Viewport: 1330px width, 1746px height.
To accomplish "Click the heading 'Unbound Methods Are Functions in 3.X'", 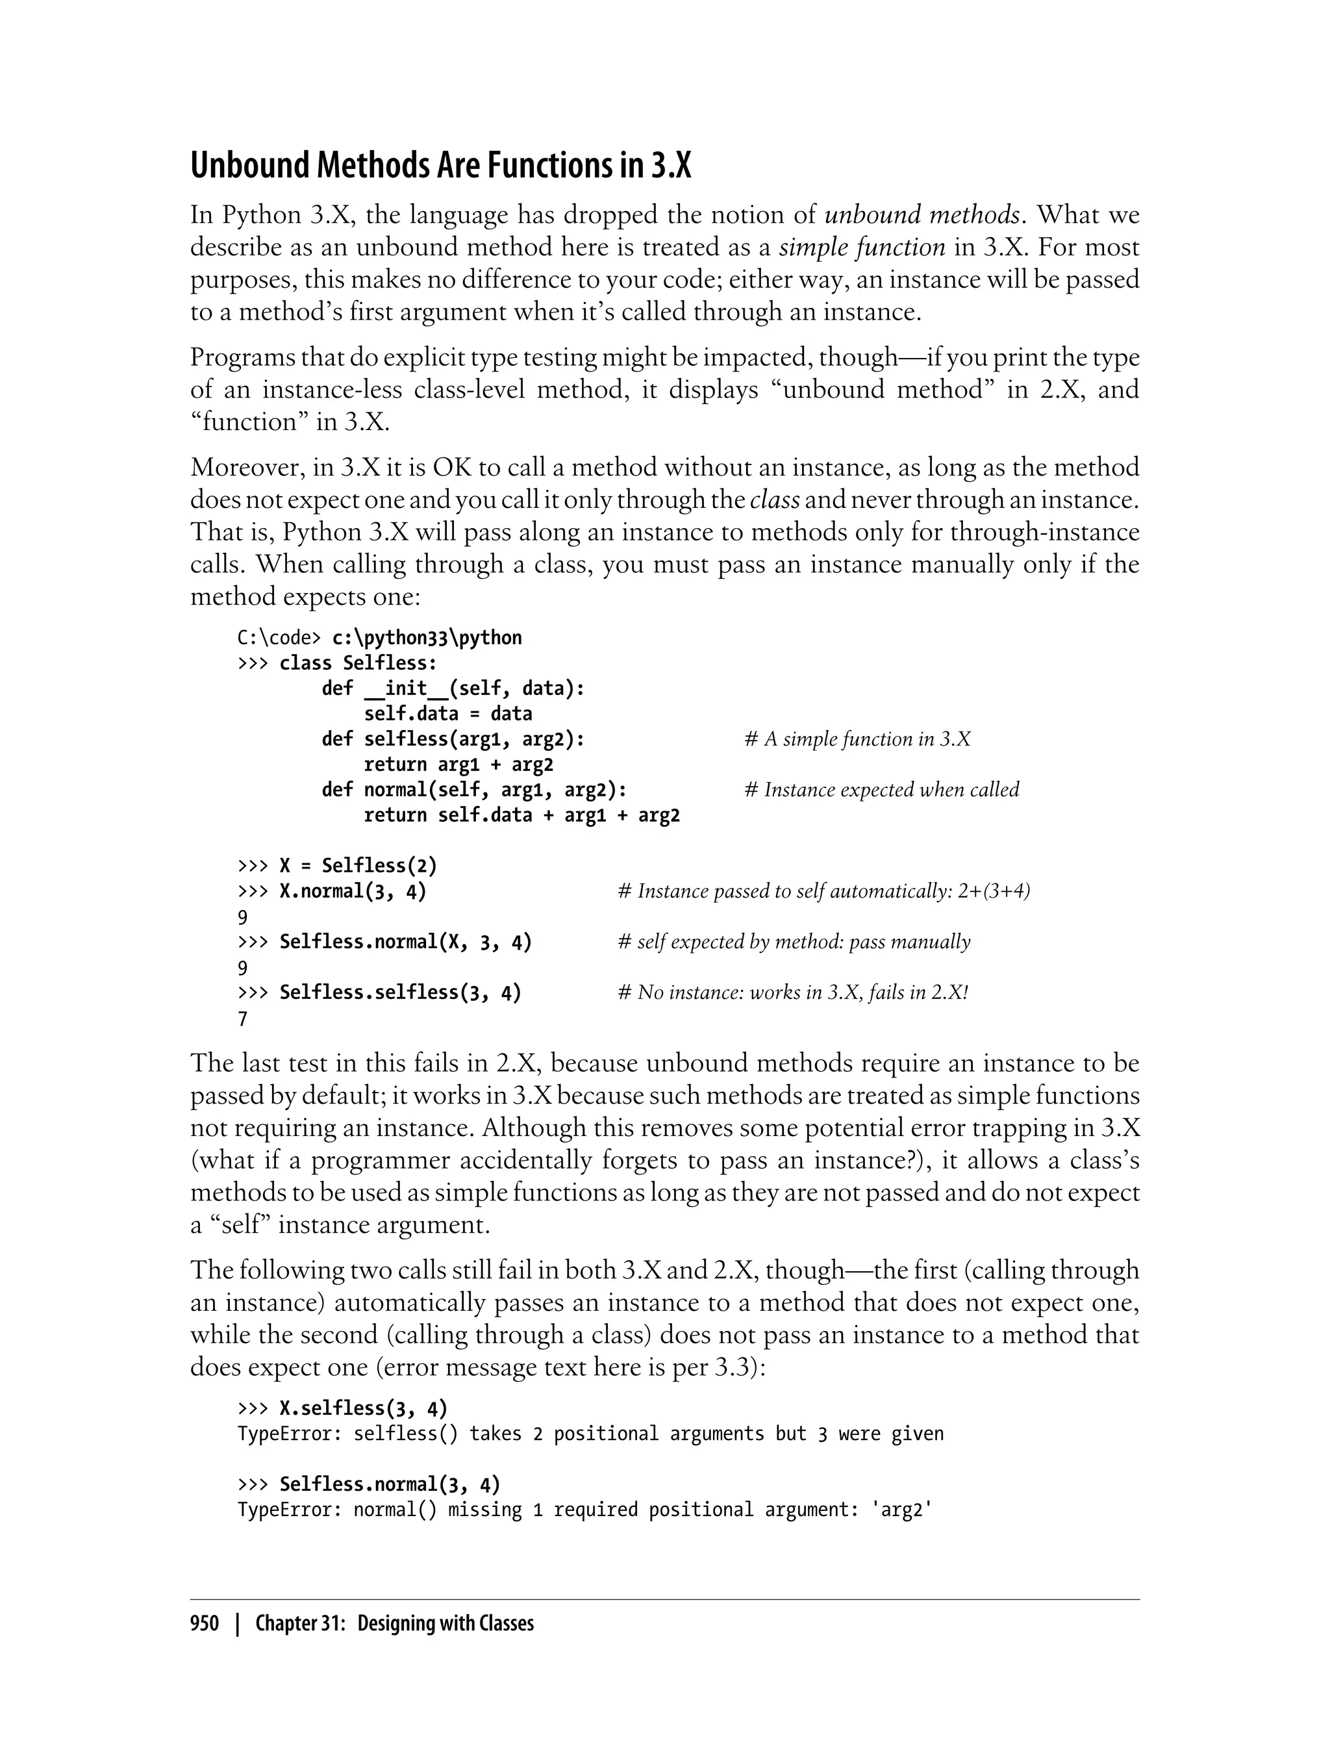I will (441, 166).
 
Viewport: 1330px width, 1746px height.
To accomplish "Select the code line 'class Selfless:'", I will (358, 663).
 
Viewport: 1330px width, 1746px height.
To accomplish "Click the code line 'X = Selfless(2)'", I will (358, 865).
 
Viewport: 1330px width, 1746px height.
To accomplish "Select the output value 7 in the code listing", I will (243, 1018).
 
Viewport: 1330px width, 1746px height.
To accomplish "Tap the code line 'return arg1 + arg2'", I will (458, 765).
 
